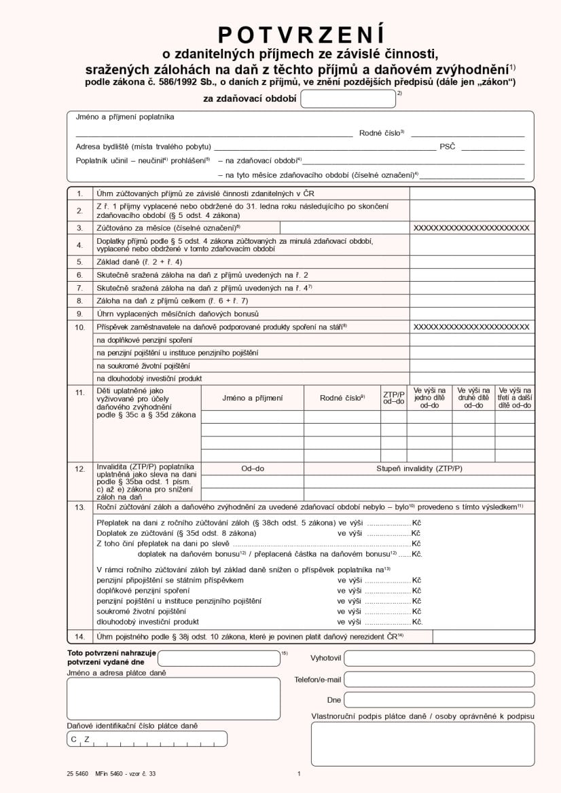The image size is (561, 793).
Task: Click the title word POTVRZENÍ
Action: coord(301,34)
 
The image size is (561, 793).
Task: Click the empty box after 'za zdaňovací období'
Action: coord(348,99)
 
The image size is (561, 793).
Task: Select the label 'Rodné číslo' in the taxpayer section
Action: coord(381,133)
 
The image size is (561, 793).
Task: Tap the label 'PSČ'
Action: coord(447,147)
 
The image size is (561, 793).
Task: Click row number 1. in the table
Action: coord(79,193)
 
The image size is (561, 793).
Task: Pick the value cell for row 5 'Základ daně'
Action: coord(471,261)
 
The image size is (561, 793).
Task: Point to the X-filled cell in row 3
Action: coord(471,228)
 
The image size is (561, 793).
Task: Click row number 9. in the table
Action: coord(79,314)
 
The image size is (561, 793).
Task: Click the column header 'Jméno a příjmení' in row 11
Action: coord(252,398)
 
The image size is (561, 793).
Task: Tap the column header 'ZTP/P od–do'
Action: coord(393,398)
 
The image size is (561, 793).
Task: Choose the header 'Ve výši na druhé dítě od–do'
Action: coord(473,398)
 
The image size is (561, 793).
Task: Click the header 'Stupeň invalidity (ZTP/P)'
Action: coord(419,468)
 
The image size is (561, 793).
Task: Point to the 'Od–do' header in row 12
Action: coord(253,468)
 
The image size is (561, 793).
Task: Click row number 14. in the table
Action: coord(79,636)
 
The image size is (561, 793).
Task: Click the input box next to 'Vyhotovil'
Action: coord(439,658)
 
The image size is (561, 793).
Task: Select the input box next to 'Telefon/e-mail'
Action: coord(439,679)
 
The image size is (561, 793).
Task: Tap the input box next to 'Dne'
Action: coord(439,700)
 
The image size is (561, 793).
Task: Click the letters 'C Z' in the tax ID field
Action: coord(79,739)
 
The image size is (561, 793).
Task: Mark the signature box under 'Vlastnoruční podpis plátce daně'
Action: coord(422,744)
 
